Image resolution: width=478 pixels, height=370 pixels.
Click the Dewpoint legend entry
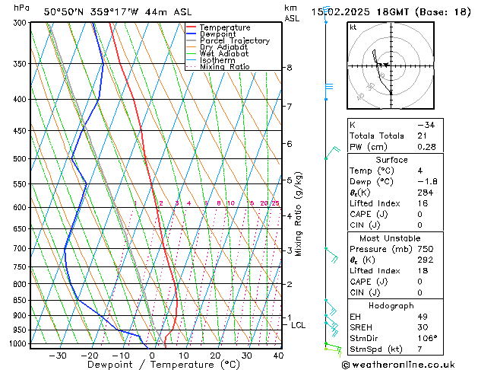pyautogui.click(x=225, y=34)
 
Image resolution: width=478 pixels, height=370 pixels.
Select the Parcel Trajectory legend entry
pyautogui.click(x=234, y=41)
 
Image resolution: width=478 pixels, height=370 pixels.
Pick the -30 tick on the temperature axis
pyautogui.click(x=57, y=356)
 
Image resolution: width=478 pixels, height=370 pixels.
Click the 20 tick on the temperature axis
pyautogui.click(x=215, y=356)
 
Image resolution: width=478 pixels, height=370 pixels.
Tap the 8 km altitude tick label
pyautogui.click(x=290, y=68)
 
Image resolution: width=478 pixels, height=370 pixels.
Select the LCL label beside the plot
pyautogui.click(x=299, y=325)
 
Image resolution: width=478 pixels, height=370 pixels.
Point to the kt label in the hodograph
pyautogui.click(x=353, y=27)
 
